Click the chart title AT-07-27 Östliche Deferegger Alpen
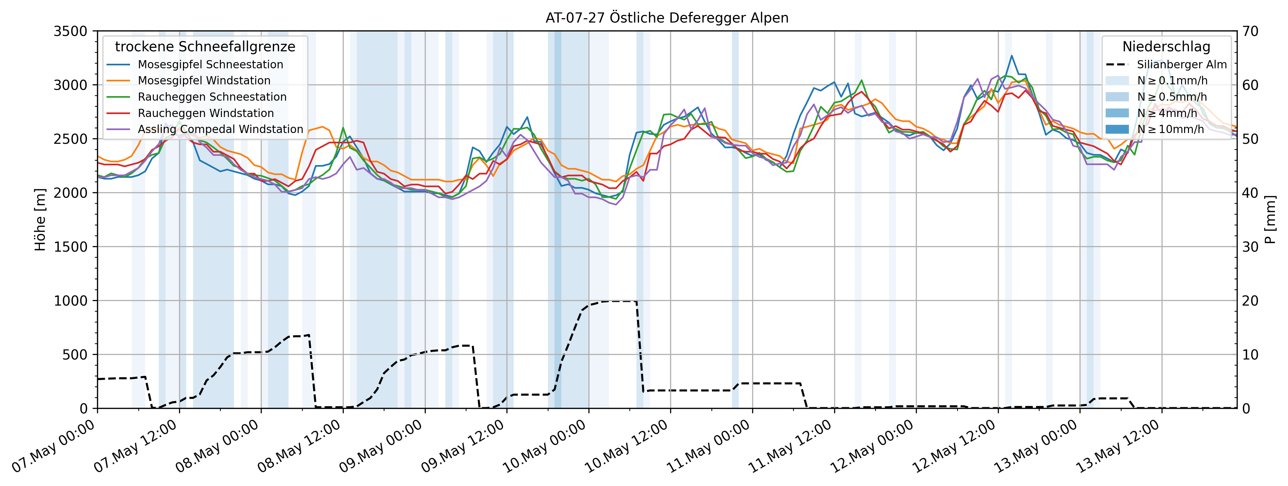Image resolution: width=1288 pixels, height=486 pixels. (x=667, y=18)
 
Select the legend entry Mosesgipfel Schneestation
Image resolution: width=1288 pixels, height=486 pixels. (x=210, y=64)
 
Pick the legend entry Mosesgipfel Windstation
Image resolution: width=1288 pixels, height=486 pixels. (x=204, y=80)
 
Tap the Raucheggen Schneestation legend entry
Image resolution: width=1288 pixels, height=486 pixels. (x=212, y=97)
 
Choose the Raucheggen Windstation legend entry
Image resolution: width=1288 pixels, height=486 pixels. (x=206, y=113)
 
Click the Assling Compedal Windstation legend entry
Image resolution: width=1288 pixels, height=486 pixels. (x=220, y=129)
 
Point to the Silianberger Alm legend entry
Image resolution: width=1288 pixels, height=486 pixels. (x=1181, y=64)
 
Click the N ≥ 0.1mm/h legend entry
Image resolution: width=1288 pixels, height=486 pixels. (x=1171, y=80)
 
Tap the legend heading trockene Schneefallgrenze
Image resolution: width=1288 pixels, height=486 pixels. (x=205, y=46)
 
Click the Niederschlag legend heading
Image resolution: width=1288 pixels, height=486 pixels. (x=1166, y=46)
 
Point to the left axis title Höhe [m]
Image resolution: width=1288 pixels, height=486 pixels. (x=40, y=220)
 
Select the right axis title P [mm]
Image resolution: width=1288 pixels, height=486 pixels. (x=1270, y=220)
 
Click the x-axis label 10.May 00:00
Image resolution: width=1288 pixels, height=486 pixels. (x=545, y=446)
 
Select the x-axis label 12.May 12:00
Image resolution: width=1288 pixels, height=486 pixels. (x=954, y=446)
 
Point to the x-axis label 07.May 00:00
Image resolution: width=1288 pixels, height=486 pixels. (x=54, y=446)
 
